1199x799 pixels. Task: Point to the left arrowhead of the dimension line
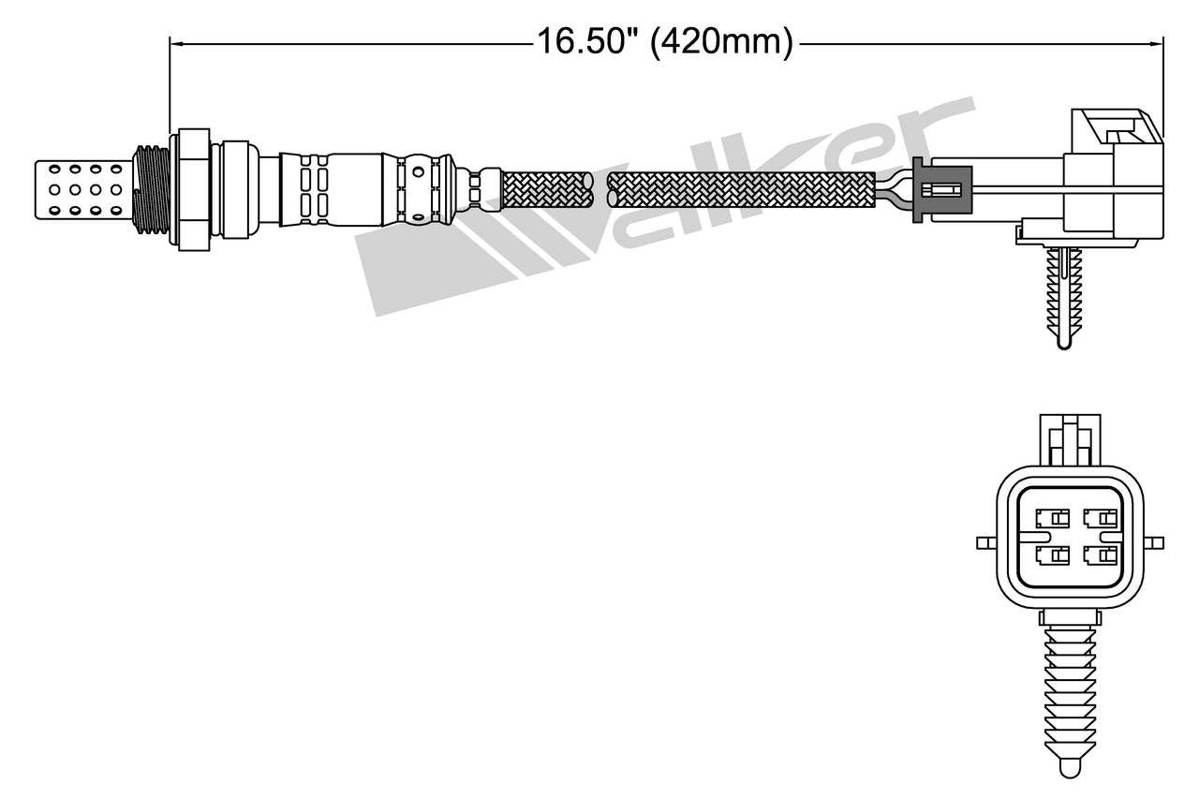(x=174, y=42)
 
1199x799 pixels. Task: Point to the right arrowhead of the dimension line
(x=1157, y=42)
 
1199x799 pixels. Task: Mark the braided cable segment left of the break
(x=548, y=189)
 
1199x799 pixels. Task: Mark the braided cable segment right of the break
(x=740, y=189)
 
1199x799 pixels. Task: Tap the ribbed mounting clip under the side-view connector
(x=1061, y=290)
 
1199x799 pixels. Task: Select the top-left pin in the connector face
(x=1051, y=517)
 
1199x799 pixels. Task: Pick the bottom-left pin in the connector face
(x=1051, y=556)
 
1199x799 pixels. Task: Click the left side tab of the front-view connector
(x=984, y=542)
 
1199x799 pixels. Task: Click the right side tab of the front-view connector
(x=1155, y=542)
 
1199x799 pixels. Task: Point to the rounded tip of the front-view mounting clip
(x=1069, y=765)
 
